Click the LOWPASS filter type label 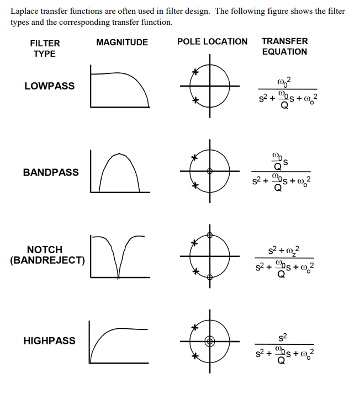click(x=49, y=86)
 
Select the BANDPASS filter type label click(x=51, y=172)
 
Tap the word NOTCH click(x=45, y=249)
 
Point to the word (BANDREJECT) click(x=47, y=260)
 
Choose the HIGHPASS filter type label click(x=49, y=340)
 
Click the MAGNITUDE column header click(x=122, y=42)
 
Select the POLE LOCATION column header click(x=212, y=41)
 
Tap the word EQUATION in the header click(x=284, y=51)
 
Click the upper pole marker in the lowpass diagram click(x=194, y=72)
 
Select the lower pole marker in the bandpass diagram click(x=194, y=185)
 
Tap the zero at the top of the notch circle click(x=209, y=235)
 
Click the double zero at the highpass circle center click(x=209, y=342)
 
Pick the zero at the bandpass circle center click(x=209, y=172)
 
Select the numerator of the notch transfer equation click(x=285, y=249)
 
